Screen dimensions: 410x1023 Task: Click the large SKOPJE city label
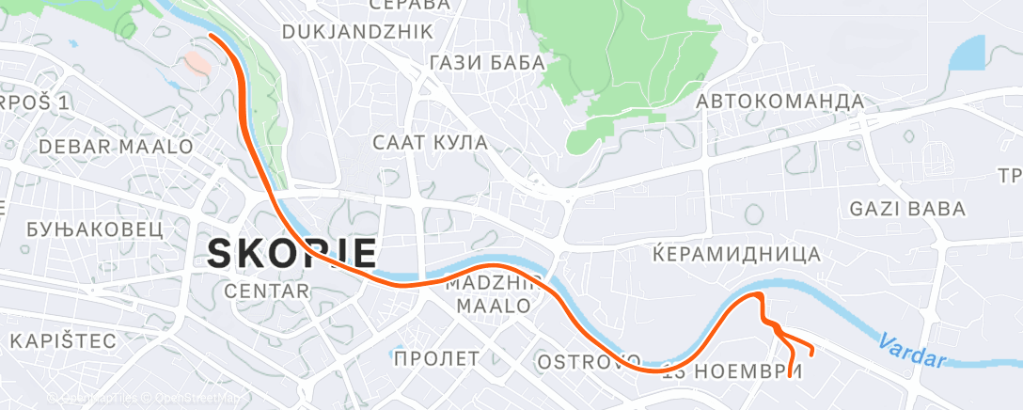click(x=291, y=253)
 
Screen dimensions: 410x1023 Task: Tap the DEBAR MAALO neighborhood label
click(x=116, y=147)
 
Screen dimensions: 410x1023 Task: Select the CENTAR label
click(x=267, y=292)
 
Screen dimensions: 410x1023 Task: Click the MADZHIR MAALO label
click(x=494, y=294)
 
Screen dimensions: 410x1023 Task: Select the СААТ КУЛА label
click(x=430, y=143)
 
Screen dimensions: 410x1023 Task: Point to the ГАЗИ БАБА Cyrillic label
click(x=486, y=63)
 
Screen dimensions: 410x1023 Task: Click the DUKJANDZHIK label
click(x=357, y=32)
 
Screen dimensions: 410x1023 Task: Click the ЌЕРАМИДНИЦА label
click(x=736, y=254)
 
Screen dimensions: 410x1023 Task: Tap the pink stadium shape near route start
click(x=198, y=63)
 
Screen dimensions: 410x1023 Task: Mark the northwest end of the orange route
click(x=211, y=35)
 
